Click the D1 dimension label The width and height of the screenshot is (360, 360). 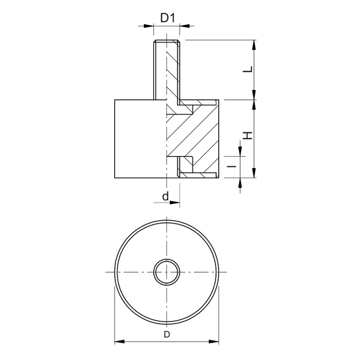click(x=168, y=18)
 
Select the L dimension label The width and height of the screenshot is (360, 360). click(x=248, y=70)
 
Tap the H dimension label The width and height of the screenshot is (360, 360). click(x=248, y=136)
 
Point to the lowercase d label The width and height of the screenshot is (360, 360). click(x=165, y=197)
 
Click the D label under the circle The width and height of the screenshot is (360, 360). click(x=167, y=334)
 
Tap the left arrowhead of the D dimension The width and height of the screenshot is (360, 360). click(x=120, y=341)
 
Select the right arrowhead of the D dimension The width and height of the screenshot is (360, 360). click(x=213, y=341)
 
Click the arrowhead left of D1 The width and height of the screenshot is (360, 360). click(x=149, y=26)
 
